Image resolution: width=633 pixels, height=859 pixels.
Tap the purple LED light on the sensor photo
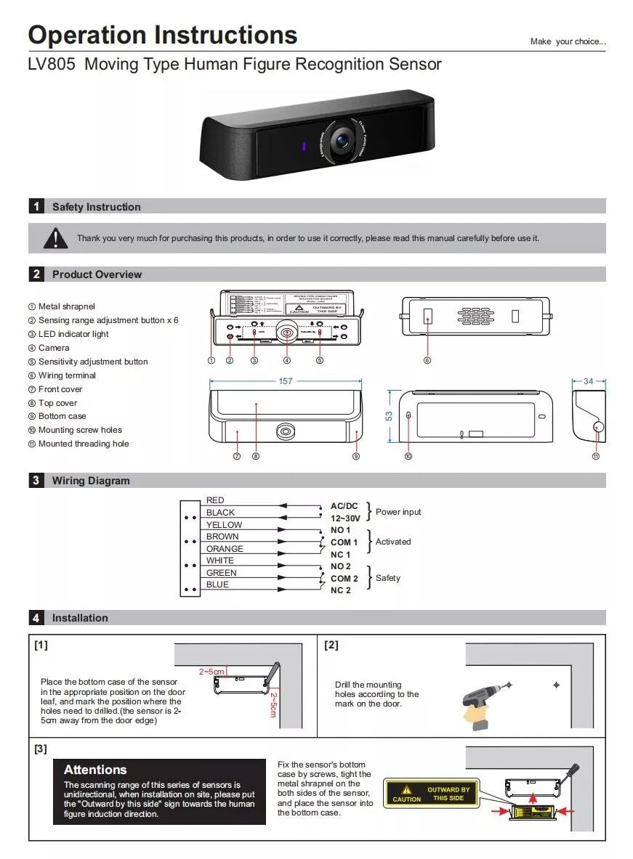click(x=303, y=147)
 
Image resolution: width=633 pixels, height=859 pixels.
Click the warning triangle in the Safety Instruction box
click(x=55, y=237)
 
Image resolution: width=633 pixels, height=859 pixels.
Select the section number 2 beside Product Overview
click(x=36, y=274)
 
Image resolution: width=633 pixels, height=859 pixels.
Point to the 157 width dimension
click(x=286, y=381)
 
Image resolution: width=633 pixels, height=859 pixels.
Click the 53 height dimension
click(x=389, y=416)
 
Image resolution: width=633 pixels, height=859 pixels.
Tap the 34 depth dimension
click(x=589, y=381)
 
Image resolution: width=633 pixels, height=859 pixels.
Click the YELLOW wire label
click(x=224, y=525)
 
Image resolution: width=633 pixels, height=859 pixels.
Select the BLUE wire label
click(x=217, y=585)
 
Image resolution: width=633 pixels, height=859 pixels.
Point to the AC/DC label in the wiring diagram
click(x=344, y=506)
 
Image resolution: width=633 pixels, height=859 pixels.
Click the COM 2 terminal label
click(x=344, y=579)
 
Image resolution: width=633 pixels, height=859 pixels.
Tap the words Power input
click(x=398, y=512)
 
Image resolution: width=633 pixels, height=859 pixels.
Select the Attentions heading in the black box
click(x=95, y=770)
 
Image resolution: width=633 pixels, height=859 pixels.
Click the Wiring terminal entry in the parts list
click(x=67, y=375)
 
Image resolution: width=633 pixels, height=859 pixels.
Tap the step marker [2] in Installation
click(x=331, y=645)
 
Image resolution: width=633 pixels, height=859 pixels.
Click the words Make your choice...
click(x=568, y=41)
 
